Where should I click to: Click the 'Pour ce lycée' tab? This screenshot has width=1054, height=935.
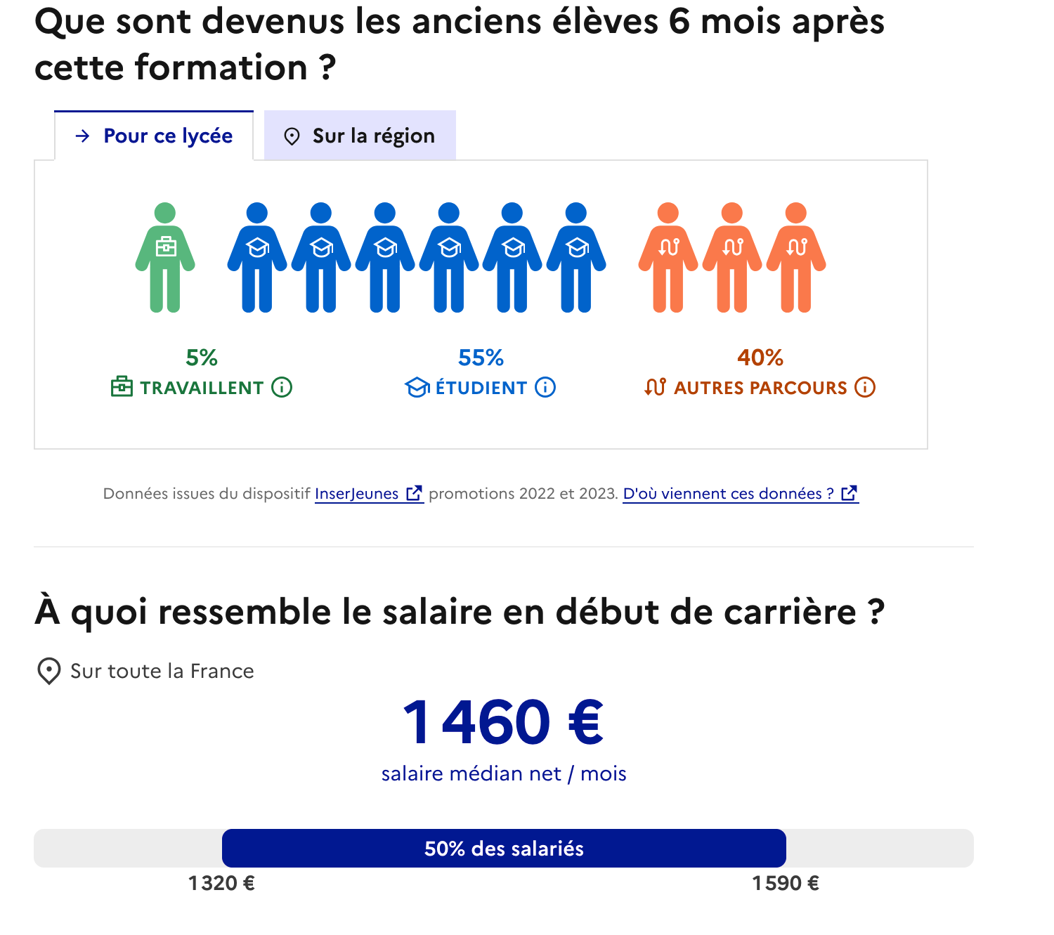point(154,136)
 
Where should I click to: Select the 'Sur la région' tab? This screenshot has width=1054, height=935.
point(360,136)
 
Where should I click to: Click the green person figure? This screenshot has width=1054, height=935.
point(165,257)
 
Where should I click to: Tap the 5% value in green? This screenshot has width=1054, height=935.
point(201,358)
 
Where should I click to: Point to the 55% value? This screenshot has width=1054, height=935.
point(481,358)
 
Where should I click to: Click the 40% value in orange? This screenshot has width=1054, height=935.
point(760,358)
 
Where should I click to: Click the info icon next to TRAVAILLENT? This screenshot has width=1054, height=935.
point(282,387)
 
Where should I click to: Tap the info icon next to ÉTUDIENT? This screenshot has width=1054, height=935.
point(545,387)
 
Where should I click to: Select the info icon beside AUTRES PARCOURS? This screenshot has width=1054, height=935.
point(865,387)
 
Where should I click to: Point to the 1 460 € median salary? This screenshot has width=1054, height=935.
point(503,722)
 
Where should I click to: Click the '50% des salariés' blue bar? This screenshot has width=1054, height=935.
point(504,849)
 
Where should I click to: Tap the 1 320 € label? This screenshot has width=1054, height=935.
point(221,883)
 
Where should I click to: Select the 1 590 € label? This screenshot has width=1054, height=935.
point(786,883)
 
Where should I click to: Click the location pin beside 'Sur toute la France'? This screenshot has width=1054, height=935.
point(48,672)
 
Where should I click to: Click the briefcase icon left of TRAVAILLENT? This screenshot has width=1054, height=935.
point(122,387)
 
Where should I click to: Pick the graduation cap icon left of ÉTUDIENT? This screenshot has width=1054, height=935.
point(417,387)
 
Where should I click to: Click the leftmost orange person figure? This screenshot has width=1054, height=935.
point(668,257)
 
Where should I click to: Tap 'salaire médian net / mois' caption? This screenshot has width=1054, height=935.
point(504,773)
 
